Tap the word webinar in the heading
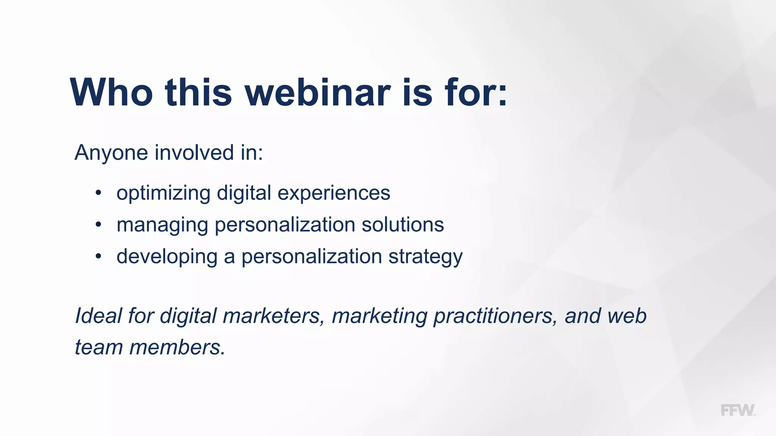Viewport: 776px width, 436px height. (318, 93)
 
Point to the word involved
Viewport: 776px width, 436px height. (194, 153)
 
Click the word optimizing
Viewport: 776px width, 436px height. (163, 193)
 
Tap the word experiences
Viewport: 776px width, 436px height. (333, 193)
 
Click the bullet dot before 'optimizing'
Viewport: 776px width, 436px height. (99, 193)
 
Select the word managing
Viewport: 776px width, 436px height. (162, 225)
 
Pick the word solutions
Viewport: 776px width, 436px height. (402, 225)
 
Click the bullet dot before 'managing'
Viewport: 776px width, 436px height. (99, 225)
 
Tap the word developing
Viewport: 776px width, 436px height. (167, 257)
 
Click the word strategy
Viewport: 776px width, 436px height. (425, 257)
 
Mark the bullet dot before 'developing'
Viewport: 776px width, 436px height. (99, 257)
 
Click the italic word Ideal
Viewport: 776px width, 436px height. (98, 316)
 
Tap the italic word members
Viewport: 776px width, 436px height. (177, 347)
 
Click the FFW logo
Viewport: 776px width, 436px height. (737, 410)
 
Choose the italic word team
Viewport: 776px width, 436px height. (99, 347)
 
